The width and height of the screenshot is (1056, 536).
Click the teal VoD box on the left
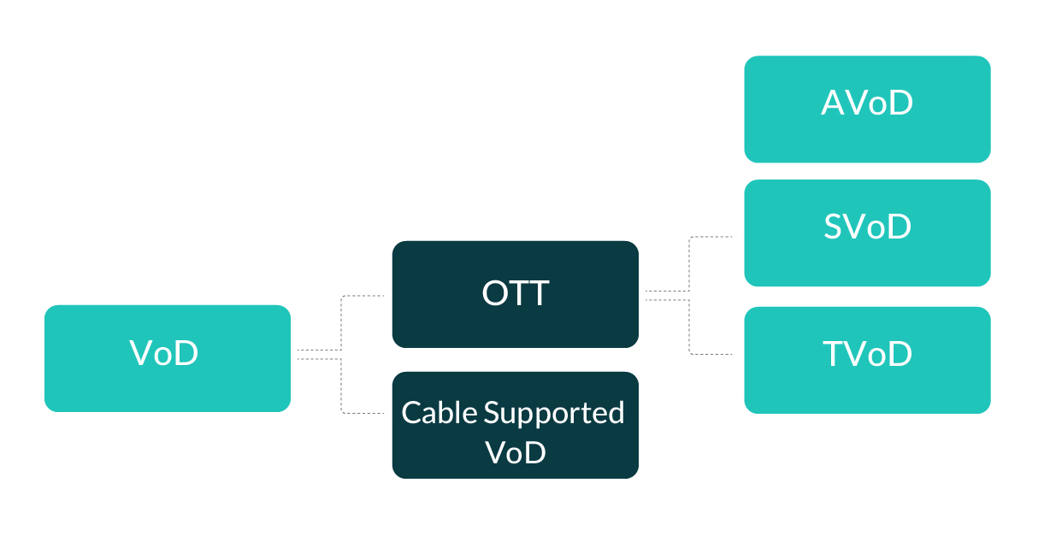point(168,358)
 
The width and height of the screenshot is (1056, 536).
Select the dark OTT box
point(515,294)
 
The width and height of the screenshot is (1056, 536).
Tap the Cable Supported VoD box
point(515,425)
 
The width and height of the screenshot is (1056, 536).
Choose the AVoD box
point(867,109)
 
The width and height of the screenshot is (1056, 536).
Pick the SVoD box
point(867,233)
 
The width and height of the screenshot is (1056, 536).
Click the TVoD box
point(867,360)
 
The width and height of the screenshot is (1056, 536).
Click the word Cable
point(440,413)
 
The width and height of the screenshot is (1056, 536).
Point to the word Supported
point(554,414)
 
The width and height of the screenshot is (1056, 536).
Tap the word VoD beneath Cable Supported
point(515,452)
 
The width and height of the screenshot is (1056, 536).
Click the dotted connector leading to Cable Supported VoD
point(342,387)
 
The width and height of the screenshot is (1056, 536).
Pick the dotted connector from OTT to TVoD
point(690,328)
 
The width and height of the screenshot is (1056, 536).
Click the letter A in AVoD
point(834,103)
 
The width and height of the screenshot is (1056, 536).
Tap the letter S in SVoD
point(835,227)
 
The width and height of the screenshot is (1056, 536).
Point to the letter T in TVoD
point(835,354)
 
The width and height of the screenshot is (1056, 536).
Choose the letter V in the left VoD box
point(142,352)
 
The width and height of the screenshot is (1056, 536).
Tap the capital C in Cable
point(412,413)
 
